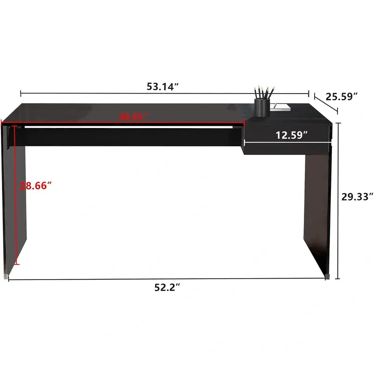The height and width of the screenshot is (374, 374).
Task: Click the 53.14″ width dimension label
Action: click(163, 86)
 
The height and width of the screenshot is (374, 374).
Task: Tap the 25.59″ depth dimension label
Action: click(342, 97)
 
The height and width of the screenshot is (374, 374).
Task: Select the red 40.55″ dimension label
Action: click(133, 116)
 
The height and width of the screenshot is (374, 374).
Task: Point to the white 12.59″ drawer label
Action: click(291, 135)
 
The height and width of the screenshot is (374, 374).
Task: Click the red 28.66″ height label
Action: click(36, 186)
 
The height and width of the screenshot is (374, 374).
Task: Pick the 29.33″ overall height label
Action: click(357, 197)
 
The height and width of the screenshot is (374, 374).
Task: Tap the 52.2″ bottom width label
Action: click(167, 287)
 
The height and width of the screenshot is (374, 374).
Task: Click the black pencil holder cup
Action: click(262, 108)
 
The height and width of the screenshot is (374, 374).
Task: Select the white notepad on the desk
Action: click(280, 107)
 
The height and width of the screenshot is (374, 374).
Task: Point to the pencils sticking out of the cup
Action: click(264, 93)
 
